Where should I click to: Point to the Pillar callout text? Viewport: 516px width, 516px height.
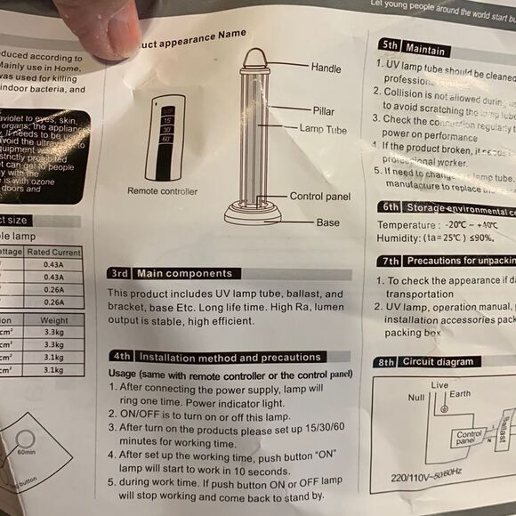coord(324,111)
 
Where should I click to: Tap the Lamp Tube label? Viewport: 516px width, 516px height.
coord(323,130)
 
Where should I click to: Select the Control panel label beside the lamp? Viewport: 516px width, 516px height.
coord(319,197)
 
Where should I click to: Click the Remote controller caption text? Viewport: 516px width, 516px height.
coord(162,191)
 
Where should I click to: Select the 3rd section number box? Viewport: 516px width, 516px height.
coord(120,273)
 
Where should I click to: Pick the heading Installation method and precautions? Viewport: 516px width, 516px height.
coord(232,357)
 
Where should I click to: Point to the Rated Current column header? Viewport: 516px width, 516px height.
coord(53,253)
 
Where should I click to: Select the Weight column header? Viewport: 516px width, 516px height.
coord(54,320)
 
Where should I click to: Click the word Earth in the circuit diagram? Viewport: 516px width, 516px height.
coord(461,394)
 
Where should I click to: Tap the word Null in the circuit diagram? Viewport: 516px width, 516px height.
coord(415,397)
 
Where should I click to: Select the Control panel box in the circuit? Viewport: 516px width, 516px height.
coord(469,438)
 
